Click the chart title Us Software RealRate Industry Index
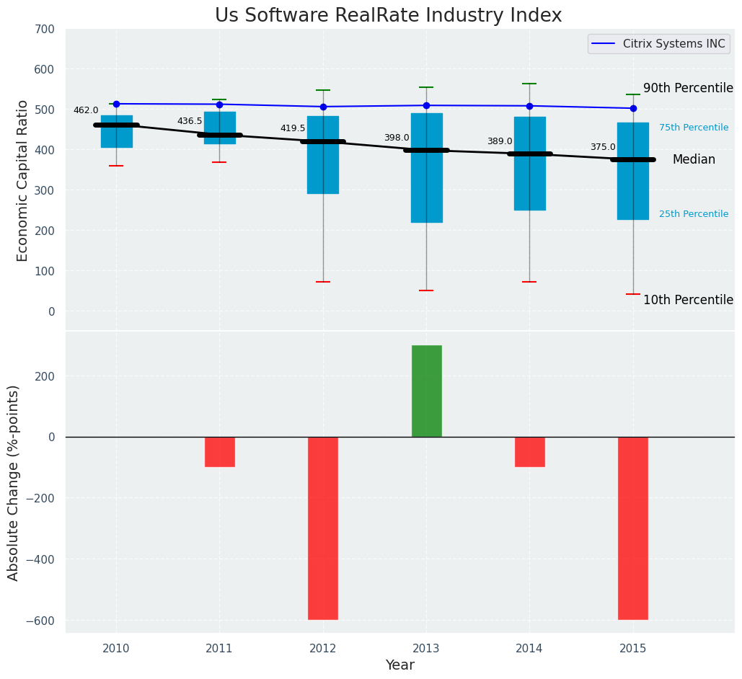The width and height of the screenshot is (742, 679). [388, 16]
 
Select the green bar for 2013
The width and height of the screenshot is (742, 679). [426, 391]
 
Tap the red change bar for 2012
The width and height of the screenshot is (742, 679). [323, 528]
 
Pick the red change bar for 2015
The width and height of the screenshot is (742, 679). [633, 528]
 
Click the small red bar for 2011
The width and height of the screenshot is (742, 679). [220, 452]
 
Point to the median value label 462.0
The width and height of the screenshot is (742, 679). [86, 110]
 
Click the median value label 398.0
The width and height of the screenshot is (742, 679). [397, 138]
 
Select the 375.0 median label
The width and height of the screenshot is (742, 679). [603, 147]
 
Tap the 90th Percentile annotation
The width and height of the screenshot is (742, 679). [688, 88]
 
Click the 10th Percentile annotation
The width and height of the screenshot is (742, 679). [688, 300]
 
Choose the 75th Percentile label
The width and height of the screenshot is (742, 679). [694, 128]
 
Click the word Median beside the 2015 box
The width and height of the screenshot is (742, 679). [694, 160]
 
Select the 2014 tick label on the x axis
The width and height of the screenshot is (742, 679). [529, 649]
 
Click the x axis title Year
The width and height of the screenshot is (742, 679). [399, 665]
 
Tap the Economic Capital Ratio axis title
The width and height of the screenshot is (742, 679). [22, 180]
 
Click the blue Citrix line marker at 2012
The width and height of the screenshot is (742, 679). [323, 107]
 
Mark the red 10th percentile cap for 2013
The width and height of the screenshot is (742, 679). [426, 290]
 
